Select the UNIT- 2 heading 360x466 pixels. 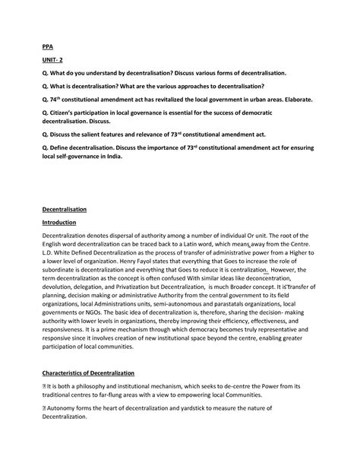(53, 58)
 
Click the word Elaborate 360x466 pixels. (292, 100)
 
